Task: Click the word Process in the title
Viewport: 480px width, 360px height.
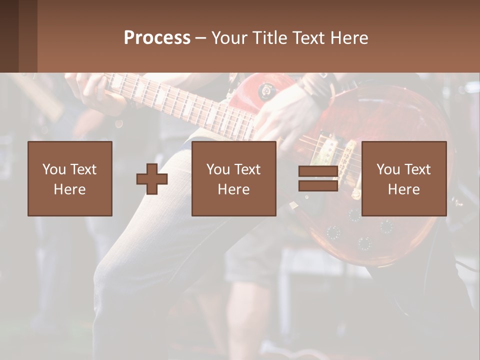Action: (157, 38)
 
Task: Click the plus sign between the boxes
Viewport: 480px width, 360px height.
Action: (152, 179)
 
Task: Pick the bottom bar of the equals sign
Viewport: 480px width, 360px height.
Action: (318, 185)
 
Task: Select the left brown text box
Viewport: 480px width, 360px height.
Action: (69, 178)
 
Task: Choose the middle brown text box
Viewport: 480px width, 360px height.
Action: (233, 178)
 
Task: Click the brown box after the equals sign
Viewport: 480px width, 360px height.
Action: (403, 178)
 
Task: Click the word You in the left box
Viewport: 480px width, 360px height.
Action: (53, 169)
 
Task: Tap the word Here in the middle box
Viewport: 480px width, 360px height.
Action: (233, 189)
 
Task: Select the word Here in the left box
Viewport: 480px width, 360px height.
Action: (69, 189)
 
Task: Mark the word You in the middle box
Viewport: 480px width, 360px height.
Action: (217, 169)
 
